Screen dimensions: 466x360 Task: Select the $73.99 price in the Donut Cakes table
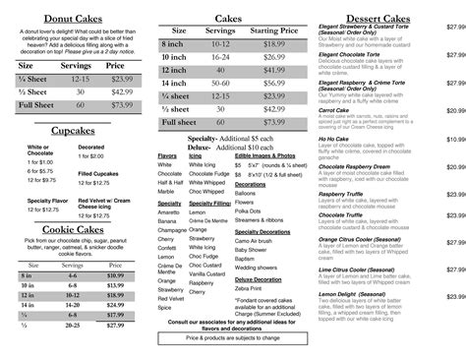(121, 104)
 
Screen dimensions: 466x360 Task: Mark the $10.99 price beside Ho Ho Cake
(455, 140)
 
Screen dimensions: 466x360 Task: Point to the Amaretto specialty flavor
(170, 210)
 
